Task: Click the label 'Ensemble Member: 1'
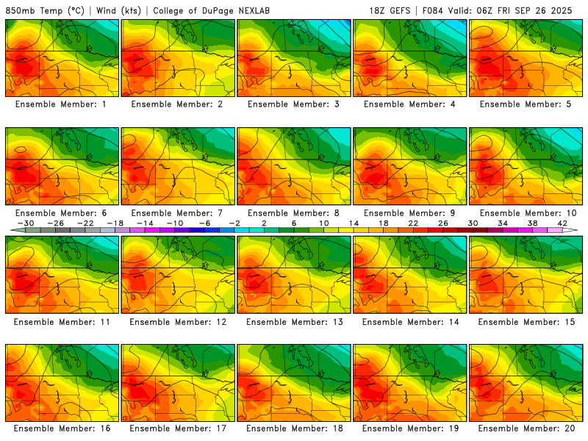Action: point(62,104)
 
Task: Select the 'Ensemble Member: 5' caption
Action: point(527,104)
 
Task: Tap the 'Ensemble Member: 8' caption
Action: point(293,213)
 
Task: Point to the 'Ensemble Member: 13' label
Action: point(293,322)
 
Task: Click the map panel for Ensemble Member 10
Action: point(527,167)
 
